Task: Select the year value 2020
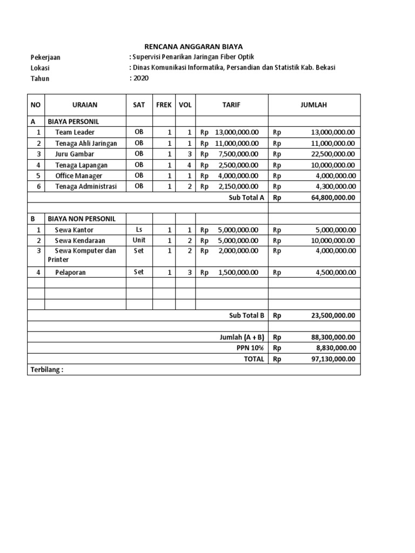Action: (x=140, y=78)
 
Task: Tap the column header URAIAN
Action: (x=85, y=105)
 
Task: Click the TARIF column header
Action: (x=231, y=105)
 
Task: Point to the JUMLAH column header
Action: (x=314, y=105)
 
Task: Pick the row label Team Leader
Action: (x=75, y=132)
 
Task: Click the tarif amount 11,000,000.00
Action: (x=237, y=143)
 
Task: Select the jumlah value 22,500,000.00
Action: (x=333, y=154)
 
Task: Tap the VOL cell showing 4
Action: (x=189, y=165)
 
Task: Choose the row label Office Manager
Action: (x=78, y=176)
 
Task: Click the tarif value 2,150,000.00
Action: (x=238, y=186)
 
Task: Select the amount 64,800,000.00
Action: (x=333, y=197)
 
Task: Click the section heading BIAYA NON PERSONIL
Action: (x=81, y=219)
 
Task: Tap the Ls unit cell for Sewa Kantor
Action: (x=139, y=230)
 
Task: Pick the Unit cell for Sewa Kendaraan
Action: (x=139, y=240)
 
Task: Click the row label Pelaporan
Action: (x=70, y=273)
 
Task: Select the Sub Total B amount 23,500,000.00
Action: (x=333, y=315)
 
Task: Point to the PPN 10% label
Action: (x=251, y=348)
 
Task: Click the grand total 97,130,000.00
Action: (x=333, y=359)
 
